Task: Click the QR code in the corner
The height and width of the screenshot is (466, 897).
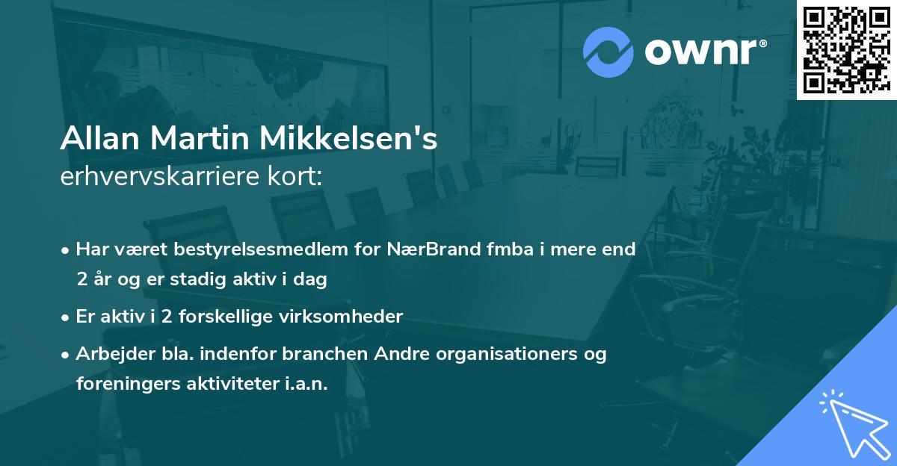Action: tap(846, 49)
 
